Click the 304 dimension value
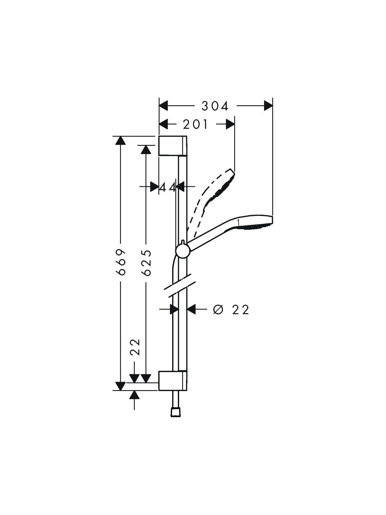click(215, 106)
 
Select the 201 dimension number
click(195, 124)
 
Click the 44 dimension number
click(168, 187)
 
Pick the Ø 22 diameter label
click(231, 310)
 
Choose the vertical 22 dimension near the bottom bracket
click(135, 347)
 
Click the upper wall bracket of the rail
click(173, 145)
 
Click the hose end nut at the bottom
click(176, 413)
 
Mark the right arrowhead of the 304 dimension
click(268, 106)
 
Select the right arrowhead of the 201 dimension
click(230, 124)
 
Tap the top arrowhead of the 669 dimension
click(121, 141)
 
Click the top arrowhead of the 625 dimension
click(146, 149)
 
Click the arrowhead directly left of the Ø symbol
click(192, 309)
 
